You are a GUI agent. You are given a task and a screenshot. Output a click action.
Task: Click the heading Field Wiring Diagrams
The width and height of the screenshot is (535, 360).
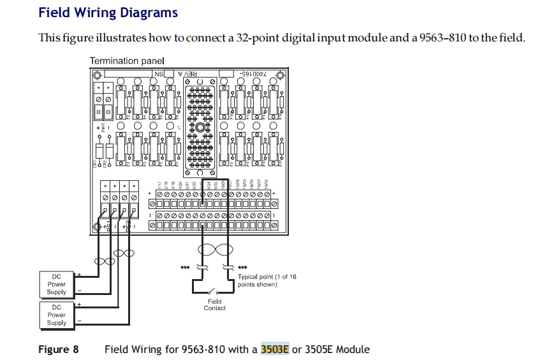tap(108, 13)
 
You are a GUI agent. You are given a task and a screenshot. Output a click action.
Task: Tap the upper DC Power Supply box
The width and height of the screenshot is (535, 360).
tap(57, 284)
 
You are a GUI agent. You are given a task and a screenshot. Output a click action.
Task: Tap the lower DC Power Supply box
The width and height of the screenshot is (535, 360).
tap(57, 315)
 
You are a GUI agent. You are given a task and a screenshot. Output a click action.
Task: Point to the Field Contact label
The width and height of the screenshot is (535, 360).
tap(214, 305)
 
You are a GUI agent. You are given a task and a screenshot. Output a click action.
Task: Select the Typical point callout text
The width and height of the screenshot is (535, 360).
tap(267, 280)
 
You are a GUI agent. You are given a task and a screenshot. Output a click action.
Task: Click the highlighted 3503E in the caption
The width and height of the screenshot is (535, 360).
tap(275, 349)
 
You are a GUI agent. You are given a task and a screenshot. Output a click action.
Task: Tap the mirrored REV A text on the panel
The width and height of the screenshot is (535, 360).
tap(190, 74)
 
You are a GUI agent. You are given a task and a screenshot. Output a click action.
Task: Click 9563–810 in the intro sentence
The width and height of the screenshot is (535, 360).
tap(436, 38)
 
